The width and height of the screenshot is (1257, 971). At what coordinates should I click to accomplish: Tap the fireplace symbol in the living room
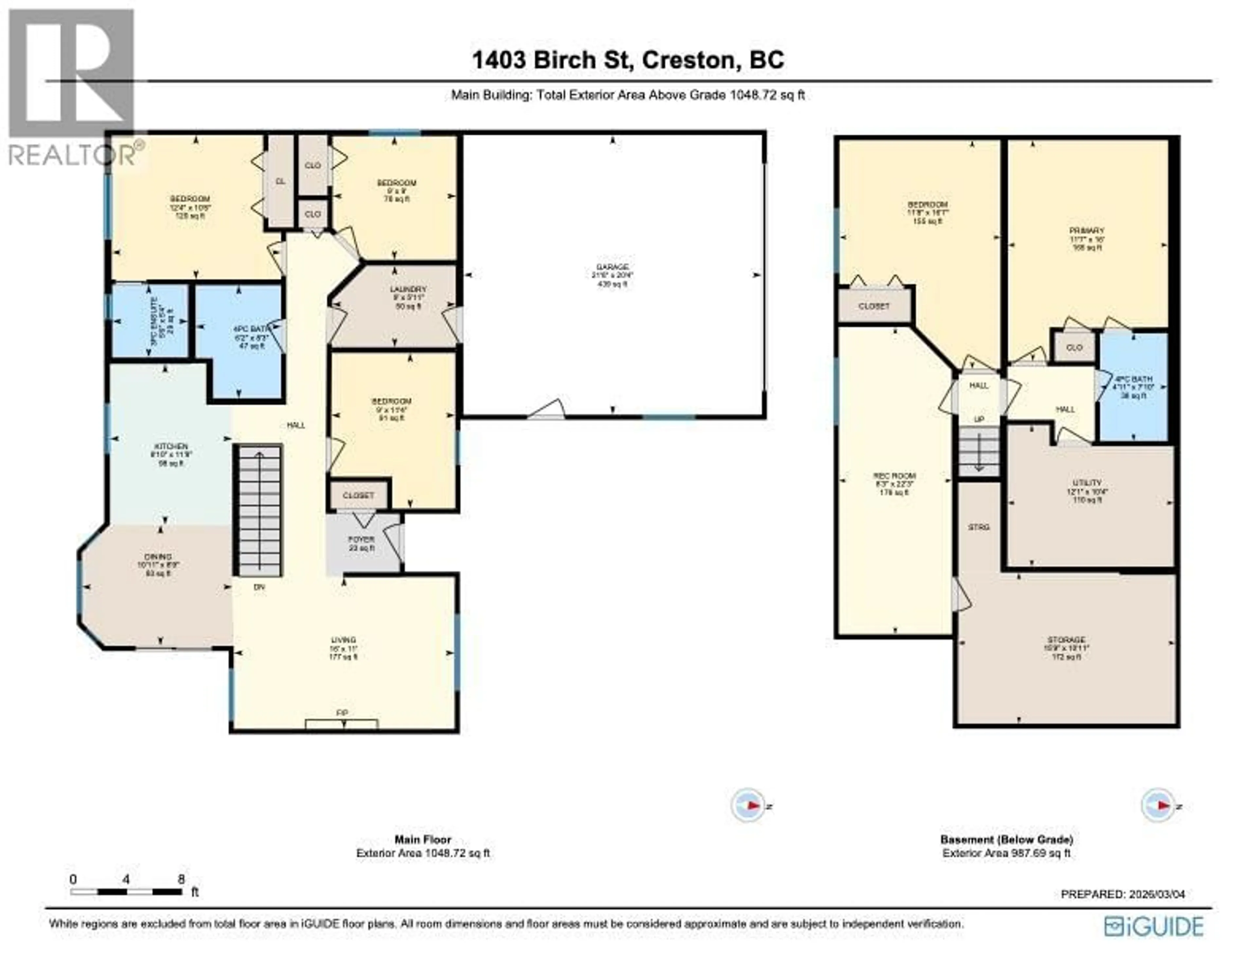pos(342,724)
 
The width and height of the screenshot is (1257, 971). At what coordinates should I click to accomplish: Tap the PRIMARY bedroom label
pos(1087,231)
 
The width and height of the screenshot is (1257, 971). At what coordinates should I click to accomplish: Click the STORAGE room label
pos(1066,639)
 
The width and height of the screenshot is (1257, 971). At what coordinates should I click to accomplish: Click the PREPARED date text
pos(1122,894)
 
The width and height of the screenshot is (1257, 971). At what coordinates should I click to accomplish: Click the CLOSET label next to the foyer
pos(358,495)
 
